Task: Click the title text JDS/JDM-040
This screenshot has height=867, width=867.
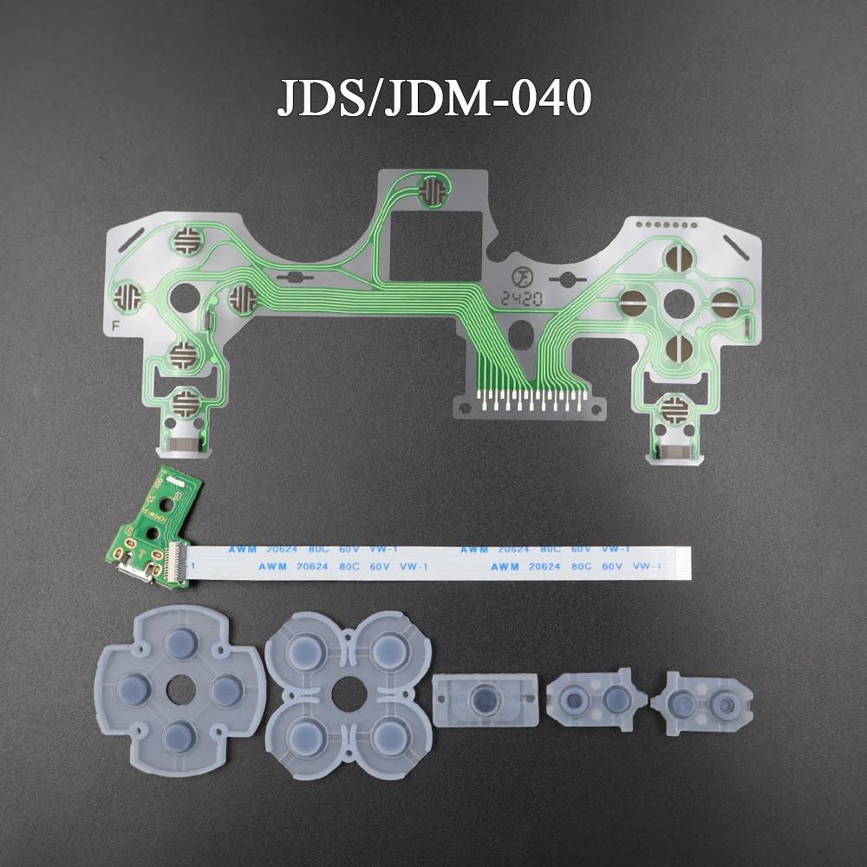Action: [x=433, y=98]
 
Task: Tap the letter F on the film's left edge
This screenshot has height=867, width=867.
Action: [x=116, y=326]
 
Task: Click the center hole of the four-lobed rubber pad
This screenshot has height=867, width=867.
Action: [x=344, y=691]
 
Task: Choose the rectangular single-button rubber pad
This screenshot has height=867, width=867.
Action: [x=480, y=699]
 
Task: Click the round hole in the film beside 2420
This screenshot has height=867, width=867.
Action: [x=520, y=333]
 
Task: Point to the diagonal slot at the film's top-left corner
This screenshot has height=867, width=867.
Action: [x=131, y=238]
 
